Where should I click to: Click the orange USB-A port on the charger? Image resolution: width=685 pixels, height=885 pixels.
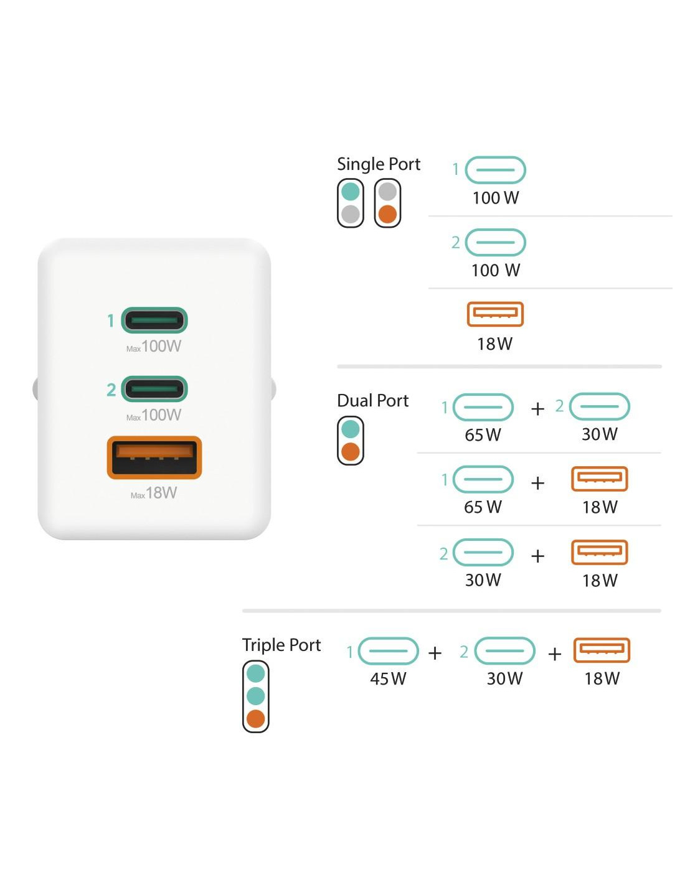tap(154, 457)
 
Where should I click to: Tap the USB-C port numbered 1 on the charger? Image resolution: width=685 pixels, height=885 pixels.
tap(154, 321)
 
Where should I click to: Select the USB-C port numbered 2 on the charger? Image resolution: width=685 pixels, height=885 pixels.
tap(154, 389)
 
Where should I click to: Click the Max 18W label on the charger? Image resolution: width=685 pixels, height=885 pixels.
tap(154, 493)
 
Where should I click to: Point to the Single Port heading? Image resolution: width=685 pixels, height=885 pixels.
tap(379, 164)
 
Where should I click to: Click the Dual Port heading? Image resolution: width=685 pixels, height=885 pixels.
tap(372, 401)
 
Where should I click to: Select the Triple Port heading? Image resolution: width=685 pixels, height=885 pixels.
tap(281, 645)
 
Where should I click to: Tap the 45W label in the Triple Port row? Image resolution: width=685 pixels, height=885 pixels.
tap(388, 678)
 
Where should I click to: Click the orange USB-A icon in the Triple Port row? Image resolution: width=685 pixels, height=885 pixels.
tap(602, 650)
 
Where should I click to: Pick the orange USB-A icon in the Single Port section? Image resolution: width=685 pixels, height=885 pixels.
tap(495, 314)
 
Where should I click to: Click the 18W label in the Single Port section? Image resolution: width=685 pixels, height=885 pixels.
tap(494, 344)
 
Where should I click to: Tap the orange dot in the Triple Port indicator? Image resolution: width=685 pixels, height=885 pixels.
tap(255, 719)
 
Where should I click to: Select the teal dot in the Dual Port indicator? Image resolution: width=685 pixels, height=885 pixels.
tap(351, 429)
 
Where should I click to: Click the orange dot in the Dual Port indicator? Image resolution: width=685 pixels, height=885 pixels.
tap(351, 452)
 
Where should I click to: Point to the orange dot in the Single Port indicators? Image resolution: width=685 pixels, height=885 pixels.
tap(387, 214)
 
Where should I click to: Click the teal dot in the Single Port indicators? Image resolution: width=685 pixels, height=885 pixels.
tap(351, 191)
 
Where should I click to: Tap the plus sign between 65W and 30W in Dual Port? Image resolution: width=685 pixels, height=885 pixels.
tap(537, 409)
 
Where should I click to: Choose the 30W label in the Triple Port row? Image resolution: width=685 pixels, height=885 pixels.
tap(504, 678)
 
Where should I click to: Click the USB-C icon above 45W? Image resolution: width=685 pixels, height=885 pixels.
tap(389, 651)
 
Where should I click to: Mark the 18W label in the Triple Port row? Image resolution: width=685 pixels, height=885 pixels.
tap(602, 678)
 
